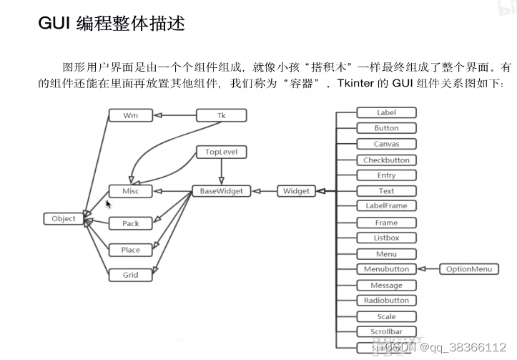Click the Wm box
tap(131, 115)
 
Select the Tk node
tap(221, 115)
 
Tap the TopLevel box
tap(221, 152)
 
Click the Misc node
tap(131, 191)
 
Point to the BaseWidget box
tap(221, 191)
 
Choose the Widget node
tap(296, 191)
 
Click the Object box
tap(64, 218)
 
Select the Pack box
tap(131, 223)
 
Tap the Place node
tap(131, 250)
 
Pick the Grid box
tap(131, 275)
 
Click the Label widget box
tap(386, 112)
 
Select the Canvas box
tap(386, 144)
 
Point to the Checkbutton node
tap(386, 160)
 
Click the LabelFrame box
tap(386, 206)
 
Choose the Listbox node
tap(386, 238)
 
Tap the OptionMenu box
tap(469, 269)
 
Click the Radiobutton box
tap(386, 301)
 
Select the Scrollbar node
tap(386, 331)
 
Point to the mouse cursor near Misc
tap(108, 204)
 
